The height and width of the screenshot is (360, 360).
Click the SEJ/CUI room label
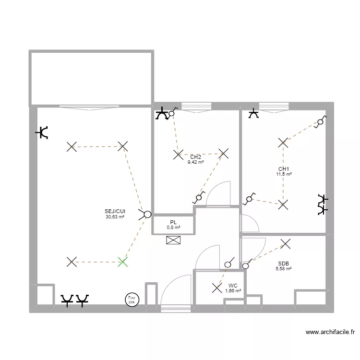[x=115, y=211]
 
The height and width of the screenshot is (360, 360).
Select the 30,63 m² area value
[x=115, y=217]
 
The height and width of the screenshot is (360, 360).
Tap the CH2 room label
[x=195, y=157]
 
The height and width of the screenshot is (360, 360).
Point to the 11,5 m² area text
[x=284, y=174]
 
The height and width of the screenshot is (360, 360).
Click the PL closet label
[x=173, y=222]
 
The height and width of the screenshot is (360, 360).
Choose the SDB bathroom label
[x=284, y=264]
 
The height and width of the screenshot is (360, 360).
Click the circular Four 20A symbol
[x=131, y=300]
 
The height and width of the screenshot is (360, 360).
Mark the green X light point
[x=123, y=262]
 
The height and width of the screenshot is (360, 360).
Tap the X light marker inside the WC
[x=216, y=288]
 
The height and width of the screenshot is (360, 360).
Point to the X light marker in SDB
[x=285, y=244]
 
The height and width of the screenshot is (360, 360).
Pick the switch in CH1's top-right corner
[x=320, y=122]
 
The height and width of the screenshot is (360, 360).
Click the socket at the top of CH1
[x=253, y=114]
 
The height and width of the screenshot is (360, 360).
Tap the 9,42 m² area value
[x=195, y=162]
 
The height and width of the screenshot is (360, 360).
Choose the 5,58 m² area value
[x=284, y=269]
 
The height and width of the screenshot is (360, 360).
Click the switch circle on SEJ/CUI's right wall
[x=146, y=215]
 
